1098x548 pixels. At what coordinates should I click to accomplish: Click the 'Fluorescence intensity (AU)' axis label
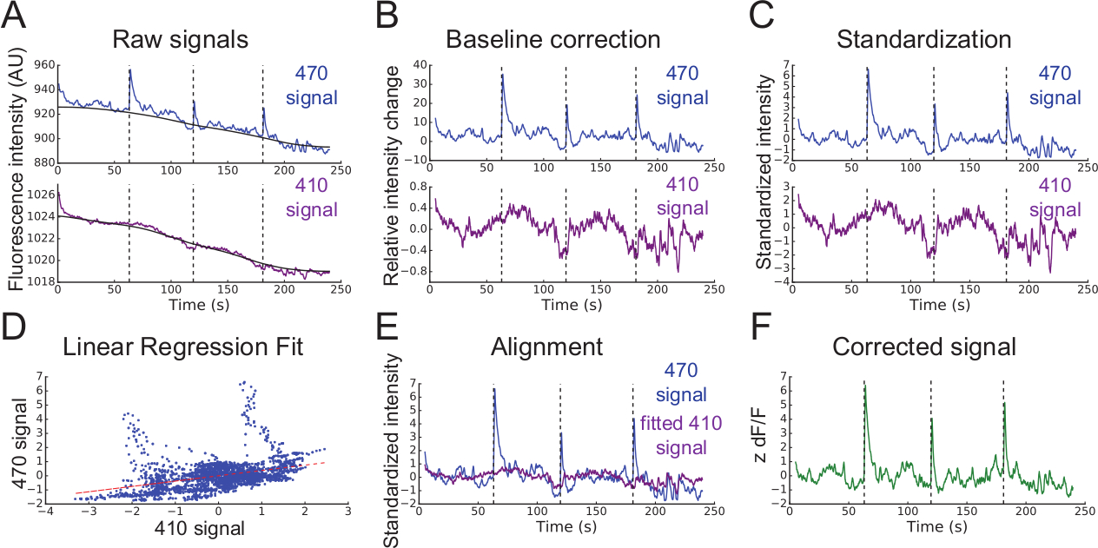pyautogui.click(x=15, y=174)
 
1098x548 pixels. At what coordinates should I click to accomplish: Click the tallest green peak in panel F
pyautogui.click(x=864, y=383)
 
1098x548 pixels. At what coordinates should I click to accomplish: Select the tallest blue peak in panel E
pyautogui.click(x=494, y=390)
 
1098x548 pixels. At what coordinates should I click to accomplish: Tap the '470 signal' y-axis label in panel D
pyautogui.click(x=15, y=443)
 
